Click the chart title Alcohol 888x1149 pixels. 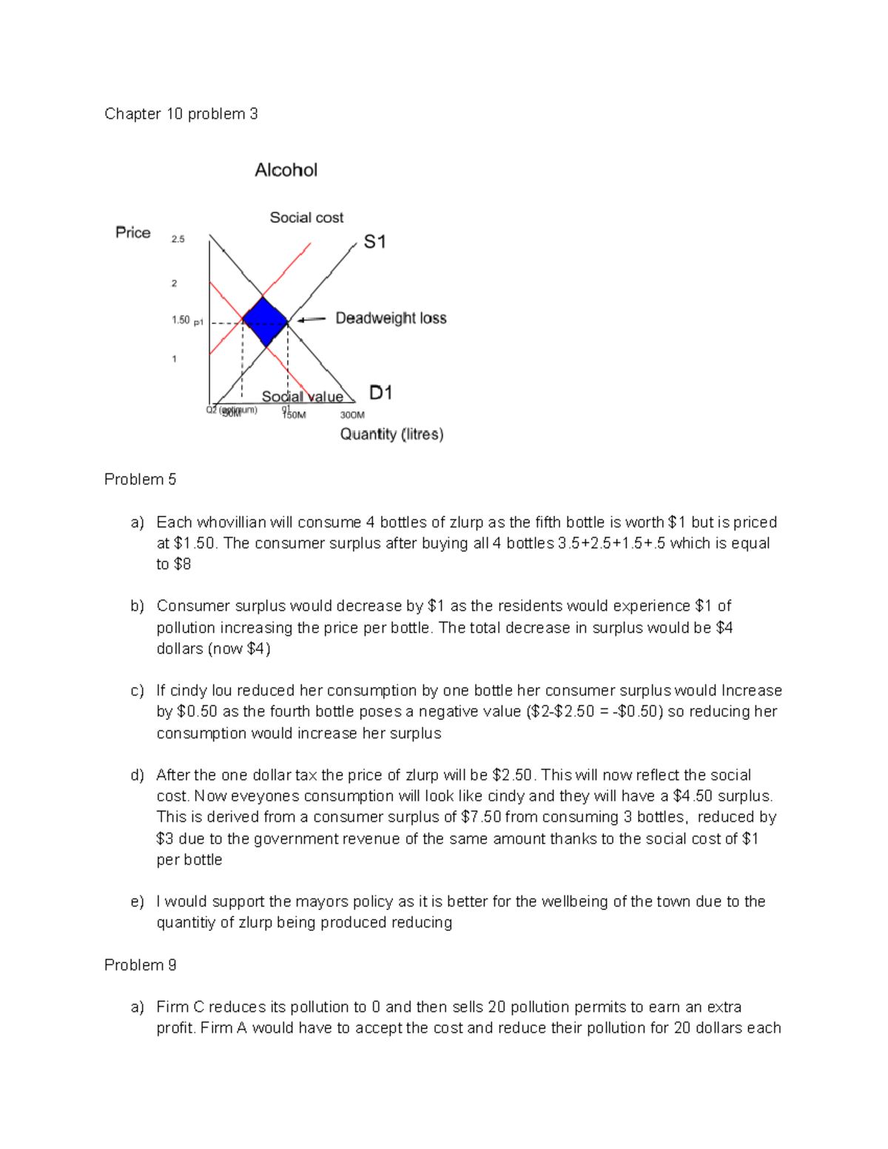click(286, 170)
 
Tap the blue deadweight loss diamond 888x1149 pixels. click(264, 322)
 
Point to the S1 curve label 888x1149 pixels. click(374, 242)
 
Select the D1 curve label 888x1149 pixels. click(380, 393)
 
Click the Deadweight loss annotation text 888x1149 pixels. click(391, 318)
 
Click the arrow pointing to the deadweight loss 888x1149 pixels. click(312, 320)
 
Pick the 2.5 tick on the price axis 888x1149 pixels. click(178, 239)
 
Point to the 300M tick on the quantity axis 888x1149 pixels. click(352, 415)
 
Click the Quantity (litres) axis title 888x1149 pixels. click(391, 434)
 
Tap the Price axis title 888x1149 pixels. click(133, 232)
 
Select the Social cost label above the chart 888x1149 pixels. click(306, 218)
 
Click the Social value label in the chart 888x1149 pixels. click(302, 397)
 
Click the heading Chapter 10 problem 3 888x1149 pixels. click(181, 114)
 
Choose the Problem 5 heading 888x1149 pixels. click(140, 479)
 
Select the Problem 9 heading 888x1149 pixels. click(140, 965)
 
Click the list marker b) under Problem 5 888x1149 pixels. click(137, 606)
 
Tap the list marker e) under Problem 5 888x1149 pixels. click(137, 901)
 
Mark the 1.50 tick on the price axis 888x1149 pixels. click(181, 320)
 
